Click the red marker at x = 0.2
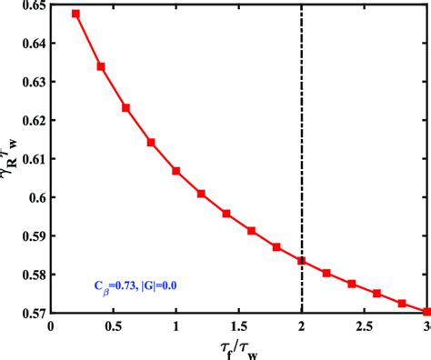pos(75,14)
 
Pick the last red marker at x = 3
pos(426,311)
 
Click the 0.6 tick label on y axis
pos(35,197)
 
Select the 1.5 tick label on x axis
pos(239,326)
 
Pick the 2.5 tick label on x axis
pos(364,326)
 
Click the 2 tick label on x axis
pos(302,326)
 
